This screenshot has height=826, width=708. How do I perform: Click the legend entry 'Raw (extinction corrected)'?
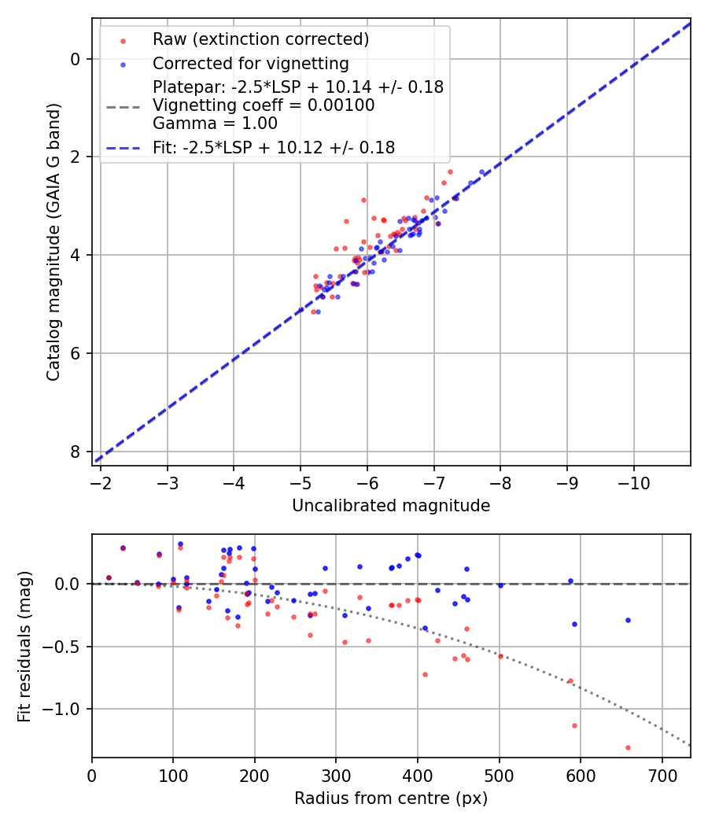point(260,39)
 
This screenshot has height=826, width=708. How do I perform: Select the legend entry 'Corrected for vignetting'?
point(251,64)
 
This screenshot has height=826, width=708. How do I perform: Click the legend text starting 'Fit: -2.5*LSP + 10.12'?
point(274,147)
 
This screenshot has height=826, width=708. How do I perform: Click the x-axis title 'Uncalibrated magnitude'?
point(391,506)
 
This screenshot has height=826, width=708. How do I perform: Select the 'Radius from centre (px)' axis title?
point(391,798)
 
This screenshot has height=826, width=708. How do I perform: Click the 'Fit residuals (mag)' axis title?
point(24,646)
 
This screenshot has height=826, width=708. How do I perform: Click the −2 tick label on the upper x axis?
point(100,482)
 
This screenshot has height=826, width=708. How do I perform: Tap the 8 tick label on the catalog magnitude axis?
point(75,452)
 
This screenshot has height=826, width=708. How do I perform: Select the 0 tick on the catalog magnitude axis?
point(75,59)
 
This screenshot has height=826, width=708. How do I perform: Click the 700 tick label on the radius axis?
point(662,775)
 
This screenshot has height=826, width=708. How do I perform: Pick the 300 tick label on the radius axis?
point(336,775)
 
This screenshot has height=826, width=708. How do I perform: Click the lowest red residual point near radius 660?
point(628,747)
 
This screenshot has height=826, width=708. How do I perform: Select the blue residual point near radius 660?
point(628,620)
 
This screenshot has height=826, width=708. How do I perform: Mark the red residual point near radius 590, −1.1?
point(574,725)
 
